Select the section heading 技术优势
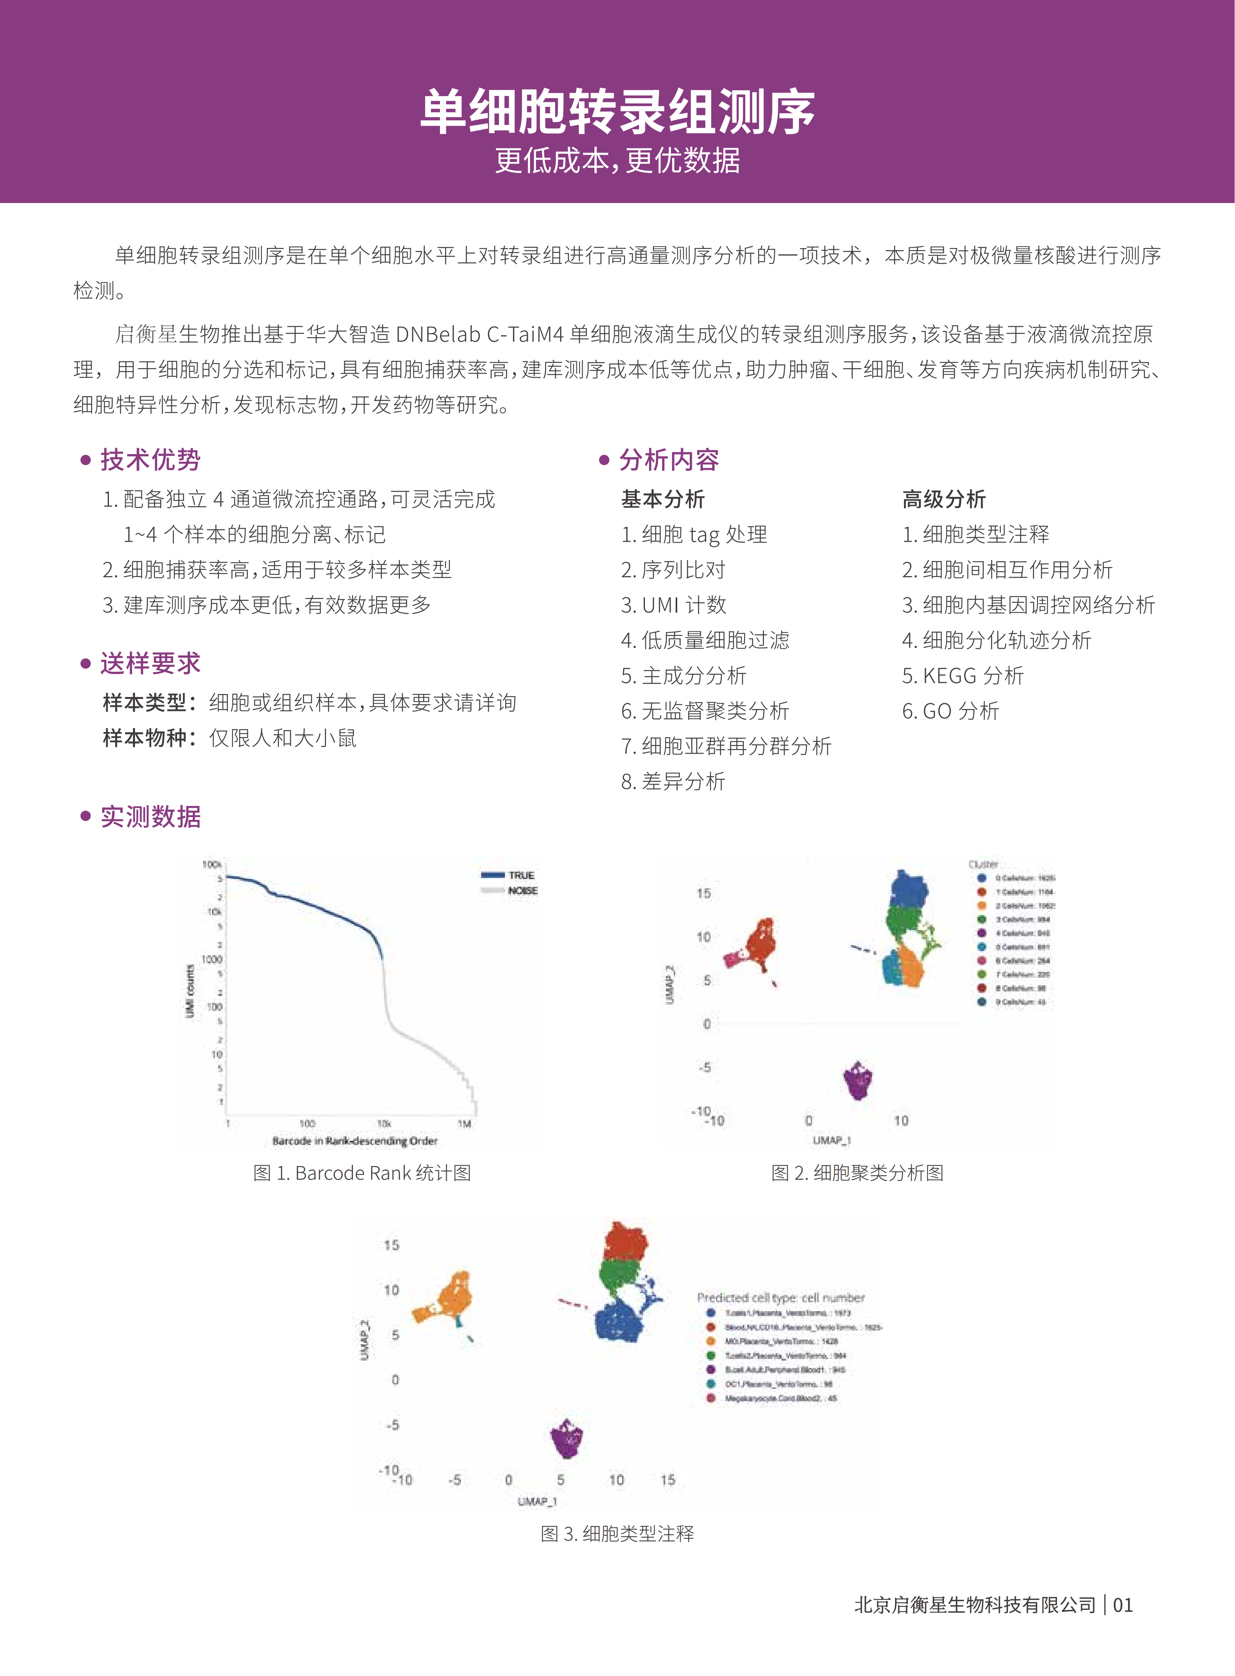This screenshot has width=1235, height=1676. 150,460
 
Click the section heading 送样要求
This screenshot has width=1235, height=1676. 150,663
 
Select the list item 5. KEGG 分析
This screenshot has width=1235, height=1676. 962,676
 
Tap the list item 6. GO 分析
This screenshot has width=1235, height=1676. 950,711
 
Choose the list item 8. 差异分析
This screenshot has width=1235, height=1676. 673,781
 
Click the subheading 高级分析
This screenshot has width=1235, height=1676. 943,499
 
